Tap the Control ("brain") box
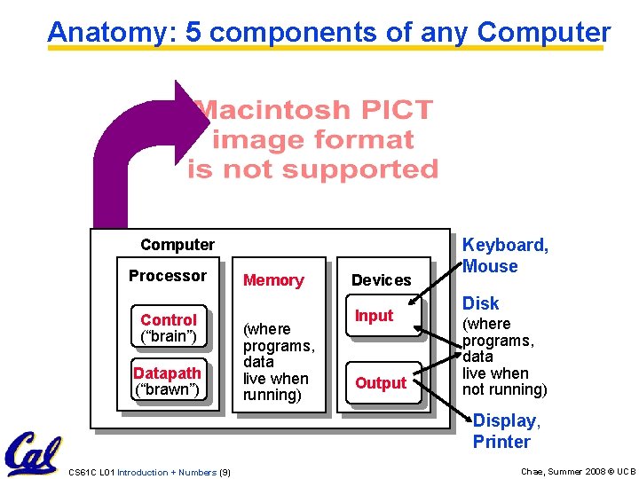pos(169,327)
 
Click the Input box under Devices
pos(374,316)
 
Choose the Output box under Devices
pos(381,383)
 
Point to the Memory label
pos(273,280)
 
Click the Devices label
pos(382,280)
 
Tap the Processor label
pos(167,276)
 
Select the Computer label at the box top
pos(177,245)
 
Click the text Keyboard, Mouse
pos(506,255)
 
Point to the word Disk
pos(481,303)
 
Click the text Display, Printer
pos(504,431)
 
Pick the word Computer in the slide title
pos(543,32)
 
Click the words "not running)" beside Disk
pos(505,389)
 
